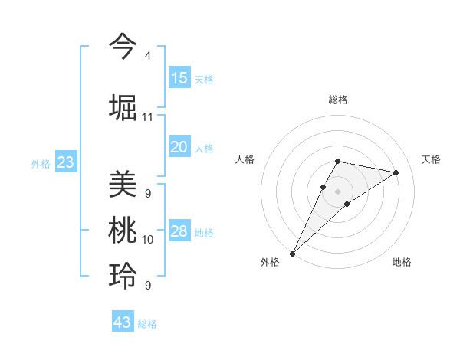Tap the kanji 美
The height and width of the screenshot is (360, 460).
click(123, 185)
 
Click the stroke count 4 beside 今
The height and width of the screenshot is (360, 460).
click(147, 56)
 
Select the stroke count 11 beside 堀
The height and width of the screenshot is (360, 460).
click(147, 117)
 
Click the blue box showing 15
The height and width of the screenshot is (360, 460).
click(179, 78)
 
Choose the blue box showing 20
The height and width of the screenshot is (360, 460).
click(179, 147)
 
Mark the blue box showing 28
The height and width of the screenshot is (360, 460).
click(179, 231)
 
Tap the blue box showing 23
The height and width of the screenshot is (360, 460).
click(65, 162)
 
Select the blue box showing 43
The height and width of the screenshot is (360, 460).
click(122, 322)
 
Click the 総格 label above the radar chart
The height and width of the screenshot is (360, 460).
click(337, 100)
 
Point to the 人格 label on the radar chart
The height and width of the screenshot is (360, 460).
click(245, 159)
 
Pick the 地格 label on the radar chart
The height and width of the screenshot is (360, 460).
click(402, 262)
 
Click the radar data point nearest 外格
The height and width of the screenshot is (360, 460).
click(292, 253)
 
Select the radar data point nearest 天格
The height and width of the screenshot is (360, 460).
click(396, 172)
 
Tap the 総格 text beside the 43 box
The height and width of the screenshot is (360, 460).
click(147, 324)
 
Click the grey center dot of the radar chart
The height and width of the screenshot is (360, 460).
click(337, 191)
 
